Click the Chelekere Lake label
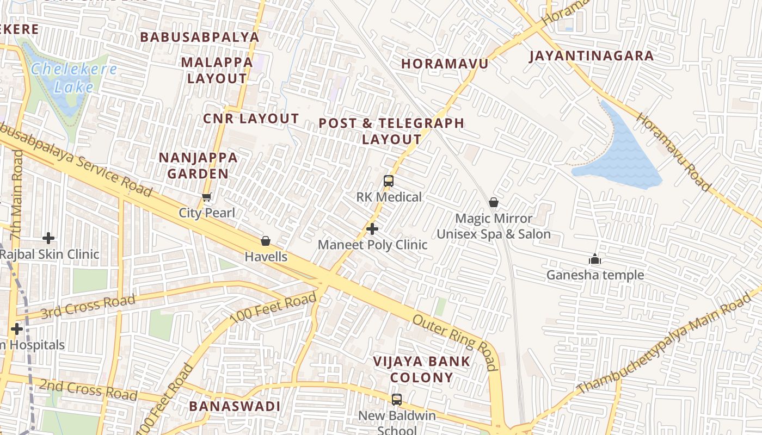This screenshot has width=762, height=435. pyautogui.click(x=73, y=78)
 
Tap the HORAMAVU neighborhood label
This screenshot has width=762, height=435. pyautogui.click(x=445, y=64)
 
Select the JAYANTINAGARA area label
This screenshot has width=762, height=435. pyautogui.click(x=591, y=55)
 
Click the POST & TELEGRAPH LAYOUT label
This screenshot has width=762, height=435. pyautogui.click(x=391, y=131)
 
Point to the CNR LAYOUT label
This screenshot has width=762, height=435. pyautogui.click(x=251, y=119)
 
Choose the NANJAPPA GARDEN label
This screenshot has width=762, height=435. pyautogui.click(x=198, y=166)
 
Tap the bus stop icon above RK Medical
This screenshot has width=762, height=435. pyautogui.click(x=389, y=181)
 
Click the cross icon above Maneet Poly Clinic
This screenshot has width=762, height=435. pyautogui.click(x=372, y=229)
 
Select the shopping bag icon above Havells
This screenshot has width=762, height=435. pyautogui.click(x=266, y=241)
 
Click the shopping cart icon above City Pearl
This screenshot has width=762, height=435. pyautogui.click(x=206, y=197)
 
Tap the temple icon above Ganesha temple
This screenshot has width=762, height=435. pyautogui.click(x=595, y=259)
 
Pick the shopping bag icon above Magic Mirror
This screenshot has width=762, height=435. pyautogui.click(x=494, y=203)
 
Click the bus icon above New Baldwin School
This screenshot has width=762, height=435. pyautogui.click(x=397, y=400)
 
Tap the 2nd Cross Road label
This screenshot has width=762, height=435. pyautogui.click(x=88, y=390)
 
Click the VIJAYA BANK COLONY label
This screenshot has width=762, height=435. pyautogui.click(x=422, y=369)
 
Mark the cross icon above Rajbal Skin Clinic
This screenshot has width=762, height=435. pyautogui.click(x=48, y=238)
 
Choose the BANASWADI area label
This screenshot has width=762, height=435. pyautogui.click(x=235, y=406)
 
